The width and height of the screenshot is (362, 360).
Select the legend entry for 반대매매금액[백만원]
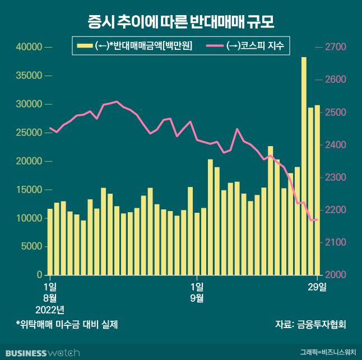coord(136,46)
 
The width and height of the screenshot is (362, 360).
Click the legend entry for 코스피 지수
coord(248,46)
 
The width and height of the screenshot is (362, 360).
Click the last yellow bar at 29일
coord(317,190)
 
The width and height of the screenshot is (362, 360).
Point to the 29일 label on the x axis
coord(318,287)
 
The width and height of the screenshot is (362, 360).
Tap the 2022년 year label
coord(50,309)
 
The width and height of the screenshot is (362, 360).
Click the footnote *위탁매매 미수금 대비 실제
coord(67,324)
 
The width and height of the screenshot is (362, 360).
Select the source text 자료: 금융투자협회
coord(310,324)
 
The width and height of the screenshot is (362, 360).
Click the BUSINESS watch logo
coord(43,353)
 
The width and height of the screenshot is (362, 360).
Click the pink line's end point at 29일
coord(317,220)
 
